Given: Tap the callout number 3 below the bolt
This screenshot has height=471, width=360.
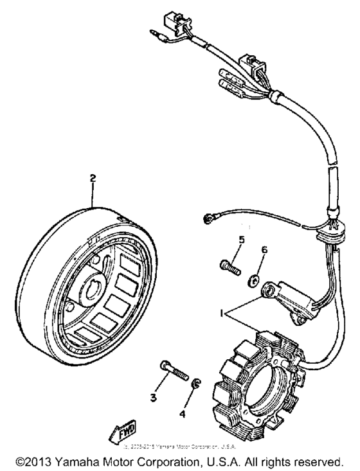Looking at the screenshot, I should tap(154, 398).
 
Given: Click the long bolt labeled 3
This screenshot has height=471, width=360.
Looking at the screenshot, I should tap(171, 369).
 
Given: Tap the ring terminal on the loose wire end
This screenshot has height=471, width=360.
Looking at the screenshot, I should tap(207, 220).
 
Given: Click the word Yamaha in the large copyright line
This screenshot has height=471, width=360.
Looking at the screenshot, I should tap(83, 461).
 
